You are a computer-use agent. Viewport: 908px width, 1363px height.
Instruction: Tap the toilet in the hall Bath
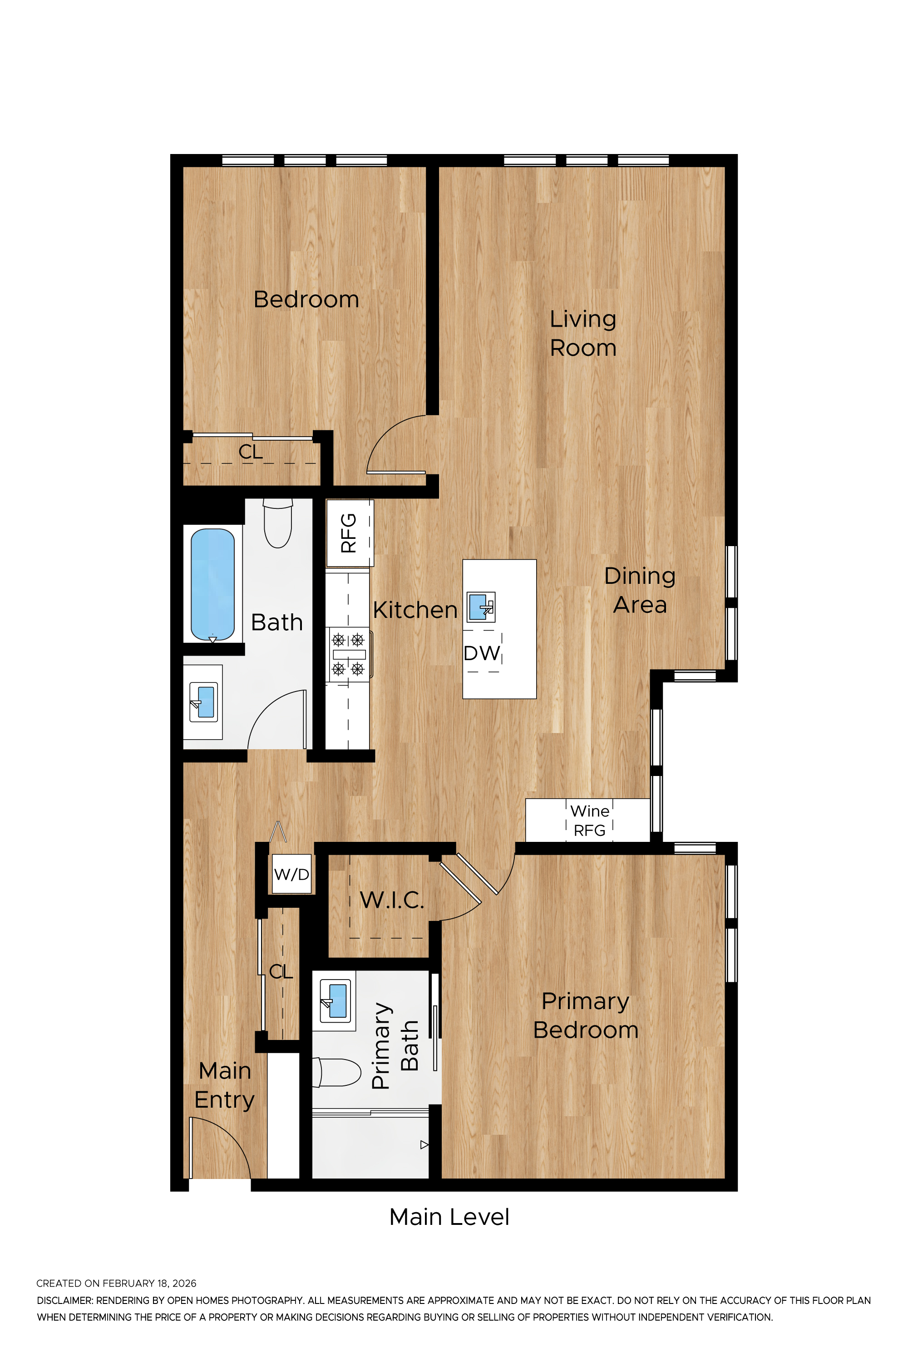click(278, 523)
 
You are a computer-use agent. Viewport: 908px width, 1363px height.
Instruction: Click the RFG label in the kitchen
click(349, 533)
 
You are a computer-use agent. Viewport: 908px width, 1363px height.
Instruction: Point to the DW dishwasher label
click(482, 653)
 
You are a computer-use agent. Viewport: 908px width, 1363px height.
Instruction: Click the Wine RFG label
click(589, 821)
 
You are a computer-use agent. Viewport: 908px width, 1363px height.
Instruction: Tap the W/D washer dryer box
click(292, 874)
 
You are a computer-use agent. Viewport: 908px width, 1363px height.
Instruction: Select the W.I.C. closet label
click(392, 900)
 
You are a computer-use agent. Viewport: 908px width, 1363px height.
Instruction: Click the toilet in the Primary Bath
click(337, 1073)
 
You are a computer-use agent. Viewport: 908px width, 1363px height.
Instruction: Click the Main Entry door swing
click(220, 1148)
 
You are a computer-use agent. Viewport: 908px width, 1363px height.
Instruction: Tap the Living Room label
click(582, 333)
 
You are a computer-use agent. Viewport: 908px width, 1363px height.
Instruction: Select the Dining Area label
click(639, 590)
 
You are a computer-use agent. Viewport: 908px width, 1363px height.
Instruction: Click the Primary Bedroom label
click(586, 1015)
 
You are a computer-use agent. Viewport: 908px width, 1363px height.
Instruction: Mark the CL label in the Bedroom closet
click(251, 452)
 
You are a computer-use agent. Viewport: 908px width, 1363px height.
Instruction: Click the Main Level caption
click(449, 1217)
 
